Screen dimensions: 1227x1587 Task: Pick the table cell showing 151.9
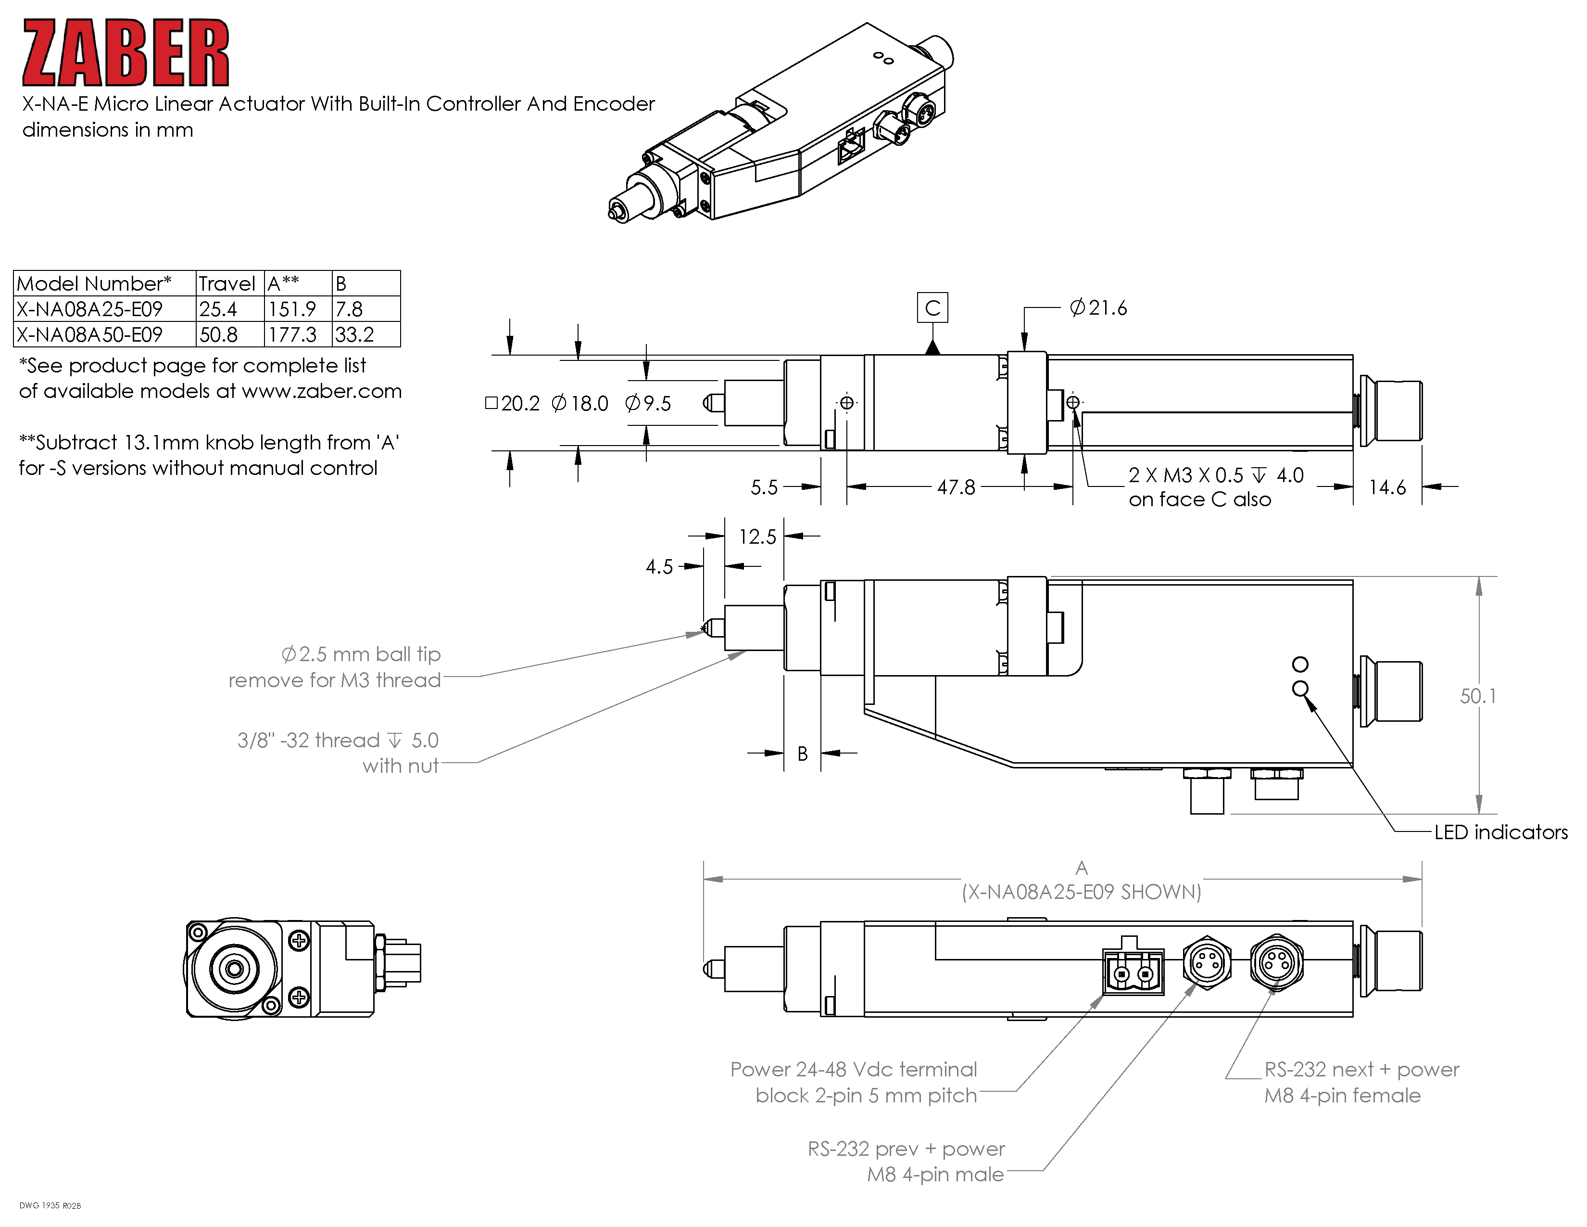coord(292,309)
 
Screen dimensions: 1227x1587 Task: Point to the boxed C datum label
coord(932,308)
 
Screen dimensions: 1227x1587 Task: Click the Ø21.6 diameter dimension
coord(1098,308)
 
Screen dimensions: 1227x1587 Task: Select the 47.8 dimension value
coord(956,487)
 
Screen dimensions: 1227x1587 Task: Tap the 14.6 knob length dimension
coord(1386,487)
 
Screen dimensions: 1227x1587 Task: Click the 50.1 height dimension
coord(1478,696)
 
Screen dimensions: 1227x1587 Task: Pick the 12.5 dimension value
coord(757,537)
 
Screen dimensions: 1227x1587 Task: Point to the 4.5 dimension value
coord(659,566)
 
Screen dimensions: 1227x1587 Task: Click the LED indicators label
coord(1500,832)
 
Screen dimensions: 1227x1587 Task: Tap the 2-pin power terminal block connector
coord(1133,971)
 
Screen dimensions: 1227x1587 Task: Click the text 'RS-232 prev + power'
coord(906,1149)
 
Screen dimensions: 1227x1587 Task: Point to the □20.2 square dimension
coord(513,403)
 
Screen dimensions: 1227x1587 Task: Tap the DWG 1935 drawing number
coord(50,1206)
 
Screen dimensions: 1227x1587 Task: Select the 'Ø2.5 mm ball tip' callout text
coord(361,654)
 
